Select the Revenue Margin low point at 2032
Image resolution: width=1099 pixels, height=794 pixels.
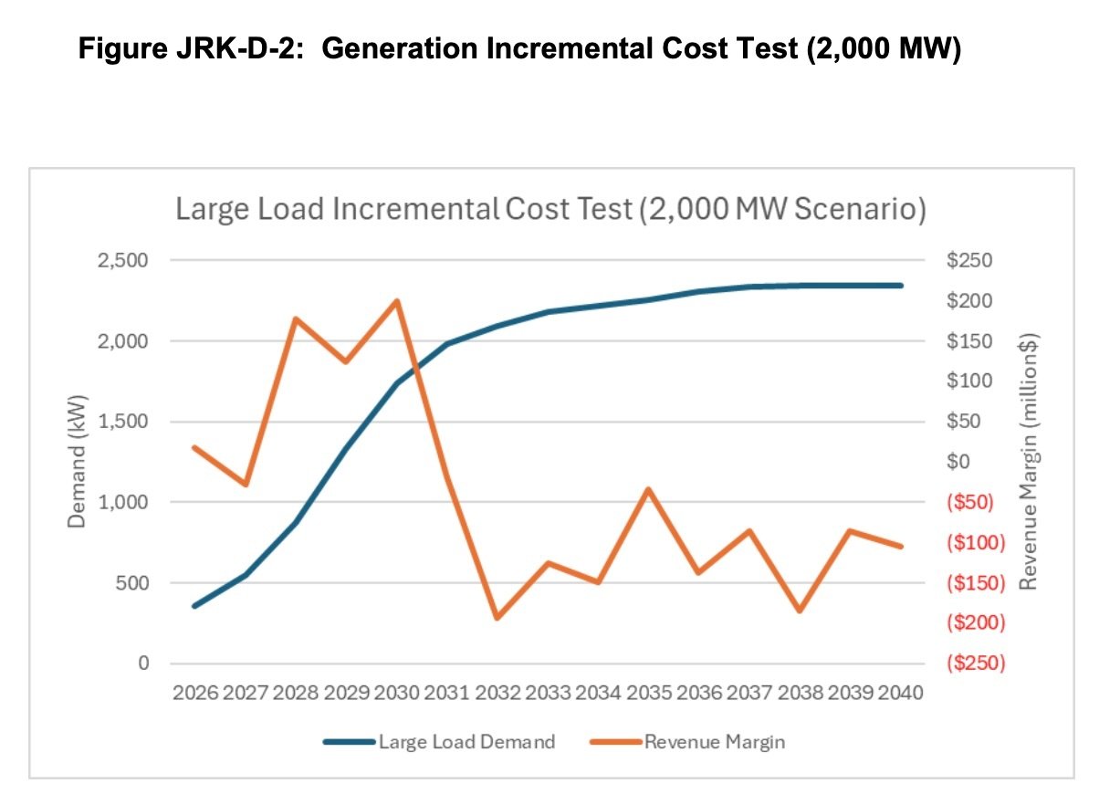497,619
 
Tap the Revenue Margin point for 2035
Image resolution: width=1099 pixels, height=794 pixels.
648,489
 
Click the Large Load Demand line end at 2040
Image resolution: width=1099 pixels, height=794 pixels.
901,286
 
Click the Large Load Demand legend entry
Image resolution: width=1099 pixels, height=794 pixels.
439,742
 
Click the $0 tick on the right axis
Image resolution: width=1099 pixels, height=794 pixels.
958,462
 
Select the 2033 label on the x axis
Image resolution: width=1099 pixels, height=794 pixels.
548,692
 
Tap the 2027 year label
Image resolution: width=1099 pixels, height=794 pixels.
246,692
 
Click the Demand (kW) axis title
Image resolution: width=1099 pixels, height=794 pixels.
78,462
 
